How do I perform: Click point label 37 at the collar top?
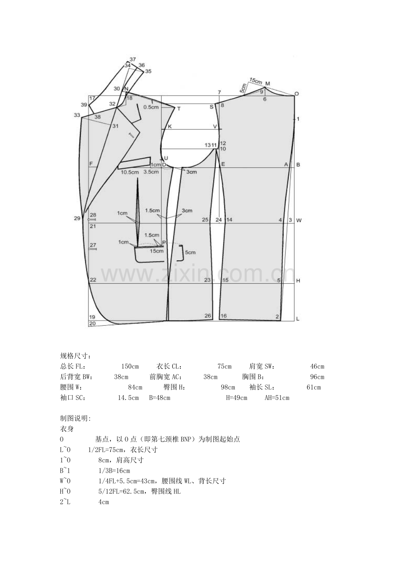[x=132, y=59]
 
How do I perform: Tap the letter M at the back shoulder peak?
[x=268, y=83]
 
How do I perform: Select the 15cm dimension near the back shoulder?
[x=255, y=81]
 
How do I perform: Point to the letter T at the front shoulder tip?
[x=179, y=109]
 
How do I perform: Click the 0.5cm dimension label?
[x=151, y=107]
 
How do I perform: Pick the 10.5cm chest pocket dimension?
[x=129, y=172]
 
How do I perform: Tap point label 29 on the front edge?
[x=77, y=218]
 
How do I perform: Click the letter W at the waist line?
[x=299, y=221]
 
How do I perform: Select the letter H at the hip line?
[x=298, y=281]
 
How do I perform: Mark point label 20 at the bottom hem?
[x=92, y=323]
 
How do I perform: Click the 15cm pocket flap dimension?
[x=157, y=251]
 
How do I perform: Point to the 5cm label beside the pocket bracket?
[x=190, y=253]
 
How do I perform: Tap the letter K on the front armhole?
[x=170, y=126]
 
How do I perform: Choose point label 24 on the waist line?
[x=219, y=220]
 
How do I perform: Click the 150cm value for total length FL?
[x=130, y=366]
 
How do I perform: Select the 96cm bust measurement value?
[x=317, y=377]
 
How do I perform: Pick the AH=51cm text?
[x=277, y=398]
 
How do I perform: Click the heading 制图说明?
[x=76, y=418]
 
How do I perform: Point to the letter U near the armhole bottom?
[x=166, y=158]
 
